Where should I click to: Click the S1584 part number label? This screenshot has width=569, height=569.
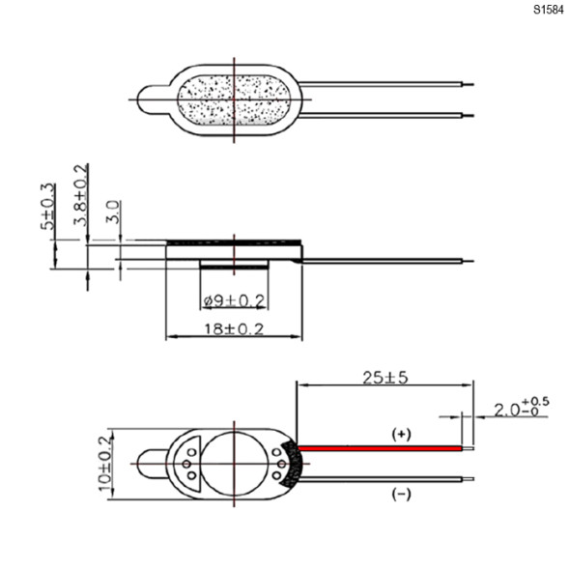click(546, 11)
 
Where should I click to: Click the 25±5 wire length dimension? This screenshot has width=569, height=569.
click(384, 378)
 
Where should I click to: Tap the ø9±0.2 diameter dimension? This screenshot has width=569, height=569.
click(235, 301)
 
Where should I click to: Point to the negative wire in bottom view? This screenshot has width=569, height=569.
click(386, 477)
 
